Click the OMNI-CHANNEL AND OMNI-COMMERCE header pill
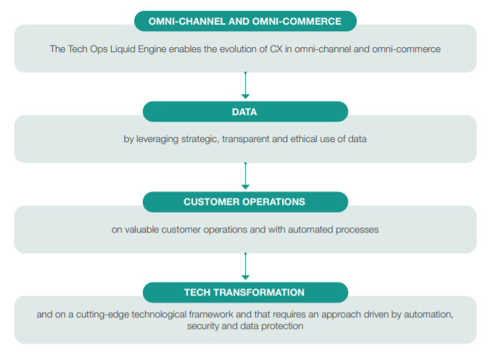[x=245, y=21]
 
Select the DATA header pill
[x=245, y=112]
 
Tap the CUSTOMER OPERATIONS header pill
[x=245, y=202]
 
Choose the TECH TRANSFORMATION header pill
[x=245, y=293]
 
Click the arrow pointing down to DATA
[x=246, y=85]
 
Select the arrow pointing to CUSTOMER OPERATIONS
[x=246, y=176]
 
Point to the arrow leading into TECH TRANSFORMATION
[x=246, y=267]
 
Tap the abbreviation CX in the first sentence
[x=276, y=49]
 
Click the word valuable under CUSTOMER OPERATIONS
[x=142, y=230]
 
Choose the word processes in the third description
[x=357, y=230]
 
